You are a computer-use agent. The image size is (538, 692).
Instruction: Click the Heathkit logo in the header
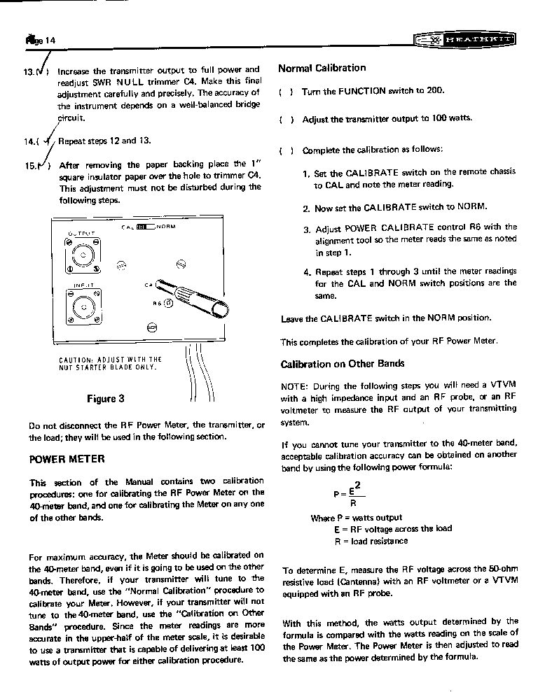pyautogui.click(x=465, y=40)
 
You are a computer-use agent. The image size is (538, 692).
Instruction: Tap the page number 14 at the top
pyautogui.click(x=50, y=41)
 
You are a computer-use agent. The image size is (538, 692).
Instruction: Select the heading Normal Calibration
pyautogui.click(x=322, y=68)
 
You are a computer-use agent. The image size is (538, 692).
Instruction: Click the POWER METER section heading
pyautogui.click(x=67, y=459)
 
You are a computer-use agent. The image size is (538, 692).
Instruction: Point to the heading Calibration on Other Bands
pyautogui.click(x=343, y=364)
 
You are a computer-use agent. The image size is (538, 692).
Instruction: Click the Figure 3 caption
pyautogui.click(x=106, y=399)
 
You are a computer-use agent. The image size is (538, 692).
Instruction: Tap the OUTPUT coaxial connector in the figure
pyautogui.click(x=83, y=255)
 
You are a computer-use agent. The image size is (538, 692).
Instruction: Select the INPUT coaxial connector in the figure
pyautogui.click(x=83, y=306)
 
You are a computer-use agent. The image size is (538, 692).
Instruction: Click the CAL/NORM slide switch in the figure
pyautogui.click(x=145, y=227)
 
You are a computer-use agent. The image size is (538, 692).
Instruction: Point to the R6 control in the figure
pyautogui.click(x=168, y=303)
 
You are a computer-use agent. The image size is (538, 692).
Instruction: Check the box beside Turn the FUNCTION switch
pyautogui.click(x=286, y=92)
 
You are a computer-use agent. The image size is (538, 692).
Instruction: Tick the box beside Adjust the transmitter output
pyautogui.click(x=286, y=120)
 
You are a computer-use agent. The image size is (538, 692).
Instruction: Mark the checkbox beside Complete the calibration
pyautogui.click(x=286, y=151)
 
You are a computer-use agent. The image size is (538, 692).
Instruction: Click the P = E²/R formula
pyautogui.click(x=350, y=495)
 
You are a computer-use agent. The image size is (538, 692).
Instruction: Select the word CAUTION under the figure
pyautogui.click(x=75, y=360)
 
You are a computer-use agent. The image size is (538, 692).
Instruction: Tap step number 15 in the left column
pyautogui.click(x=31, y=166)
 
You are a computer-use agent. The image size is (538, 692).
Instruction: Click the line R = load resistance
pyautogui.click(x=371, y=541)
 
